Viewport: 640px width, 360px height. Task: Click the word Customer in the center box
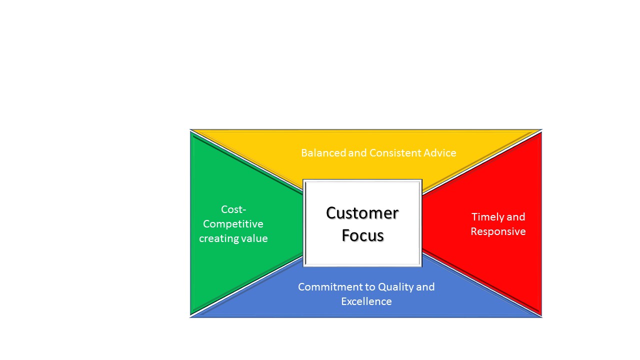[x=362, y=213]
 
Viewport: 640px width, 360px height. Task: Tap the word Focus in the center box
[x=362, y=235]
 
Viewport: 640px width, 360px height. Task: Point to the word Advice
[x=440, y=153]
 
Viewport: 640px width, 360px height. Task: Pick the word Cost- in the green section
[x=233, y=209]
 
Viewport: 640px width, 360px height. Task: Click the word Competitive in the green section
[x=233, y=224]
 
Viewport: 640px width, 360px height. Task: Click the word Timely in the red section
[x=487, y=217]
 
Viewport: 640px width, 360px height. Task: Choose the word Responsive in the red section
[x=498, y=231]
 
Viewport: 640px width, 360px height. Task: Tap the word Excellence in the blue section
[x=366, y=301]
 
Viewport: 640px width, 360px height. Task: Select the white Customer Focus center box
[x=362, y=223]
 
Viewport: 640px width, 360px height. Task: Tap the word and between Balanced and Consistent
[x=357, y=153]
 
